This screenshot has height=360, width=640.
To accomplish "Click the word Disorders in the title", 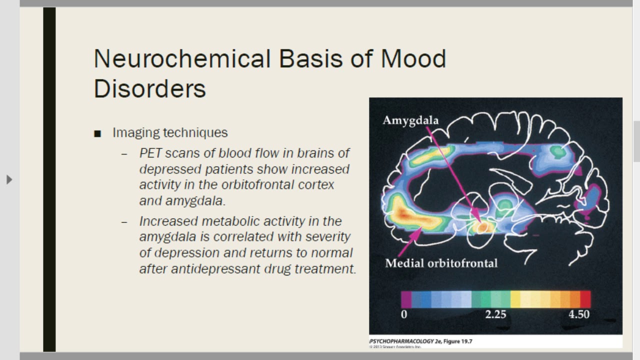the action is tap(149, 88).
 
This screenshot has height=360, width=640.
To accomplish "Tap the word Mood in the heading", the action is tap(413, 59).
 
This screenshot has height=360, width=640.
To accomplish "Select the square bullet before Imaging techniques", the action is tap(97, 133).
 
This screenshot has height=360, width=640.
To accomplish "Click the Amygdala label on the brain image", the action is tap(410, 120).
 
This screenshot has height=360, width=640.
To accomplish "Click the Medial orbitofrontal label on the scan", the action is tap(441, 263).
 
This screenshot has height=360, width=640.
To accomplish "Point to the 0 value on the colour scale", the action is tap(404, 314).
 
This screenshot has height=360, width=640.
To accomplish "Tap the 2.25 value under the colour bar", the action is tap(495, 314).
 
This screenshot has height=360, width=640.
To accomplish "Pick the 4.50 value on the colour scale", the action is tap(579, 314).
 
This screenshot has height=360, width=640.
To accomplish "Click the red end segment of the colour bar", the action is tap(585, 299).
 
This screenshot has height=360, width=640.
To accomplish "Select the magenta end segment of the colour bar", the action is tap(406, 299).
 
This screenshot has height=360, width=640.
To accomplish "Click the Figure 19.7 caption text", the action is tap(457, 342).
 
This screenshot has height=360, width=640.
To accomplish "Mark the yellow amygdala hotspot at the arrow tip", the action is tap(482, 226).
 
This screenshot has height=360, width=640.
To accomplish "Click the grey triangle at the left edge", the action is tap(9, 179).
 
